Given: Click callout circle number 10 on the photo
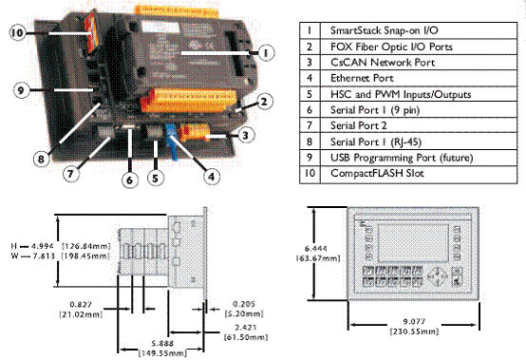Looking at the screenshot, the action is [18, 33].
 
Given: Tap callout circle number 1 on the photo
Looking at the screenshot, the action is [266, 52].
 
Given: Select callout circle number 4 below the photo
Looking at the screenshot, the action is [212, 176].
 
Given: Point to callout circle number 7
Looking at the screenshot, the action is [71, 174].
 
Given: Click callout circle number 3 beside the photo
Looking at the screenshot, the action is [245, 135].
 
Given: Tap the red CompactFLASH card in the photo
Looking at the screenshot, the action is [90, 32].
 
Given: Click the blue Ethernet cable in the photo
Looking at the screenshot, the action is [172, 142].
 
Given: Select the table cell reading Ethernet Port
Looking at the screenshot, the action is [419, 79].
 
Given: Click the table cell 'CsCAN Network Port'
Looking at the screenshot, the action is [419, 63].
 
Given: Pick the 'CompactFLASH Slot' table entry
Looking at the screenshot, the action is [419, 174].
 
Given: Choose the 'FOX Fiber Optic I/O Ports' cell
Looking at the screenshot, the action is [419, 47].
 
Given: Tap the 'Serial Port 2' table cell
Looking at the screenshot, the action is [419, 126].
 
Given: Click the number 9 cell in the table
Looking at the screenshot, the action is [310, 158].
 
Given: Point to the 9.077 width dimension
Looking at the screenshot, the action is [414, 321].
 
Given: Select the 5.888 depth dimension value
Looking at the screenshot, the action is [162, 344].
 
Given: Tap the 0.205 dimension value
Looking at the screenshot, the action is [244, 304].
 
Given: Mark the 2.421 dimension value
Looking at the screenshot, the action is [246, 328].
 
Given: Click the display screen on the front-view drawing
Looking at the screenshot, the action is [413, 243].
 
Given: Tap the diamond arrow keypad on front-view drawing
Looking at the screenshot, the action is [438, 277].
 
